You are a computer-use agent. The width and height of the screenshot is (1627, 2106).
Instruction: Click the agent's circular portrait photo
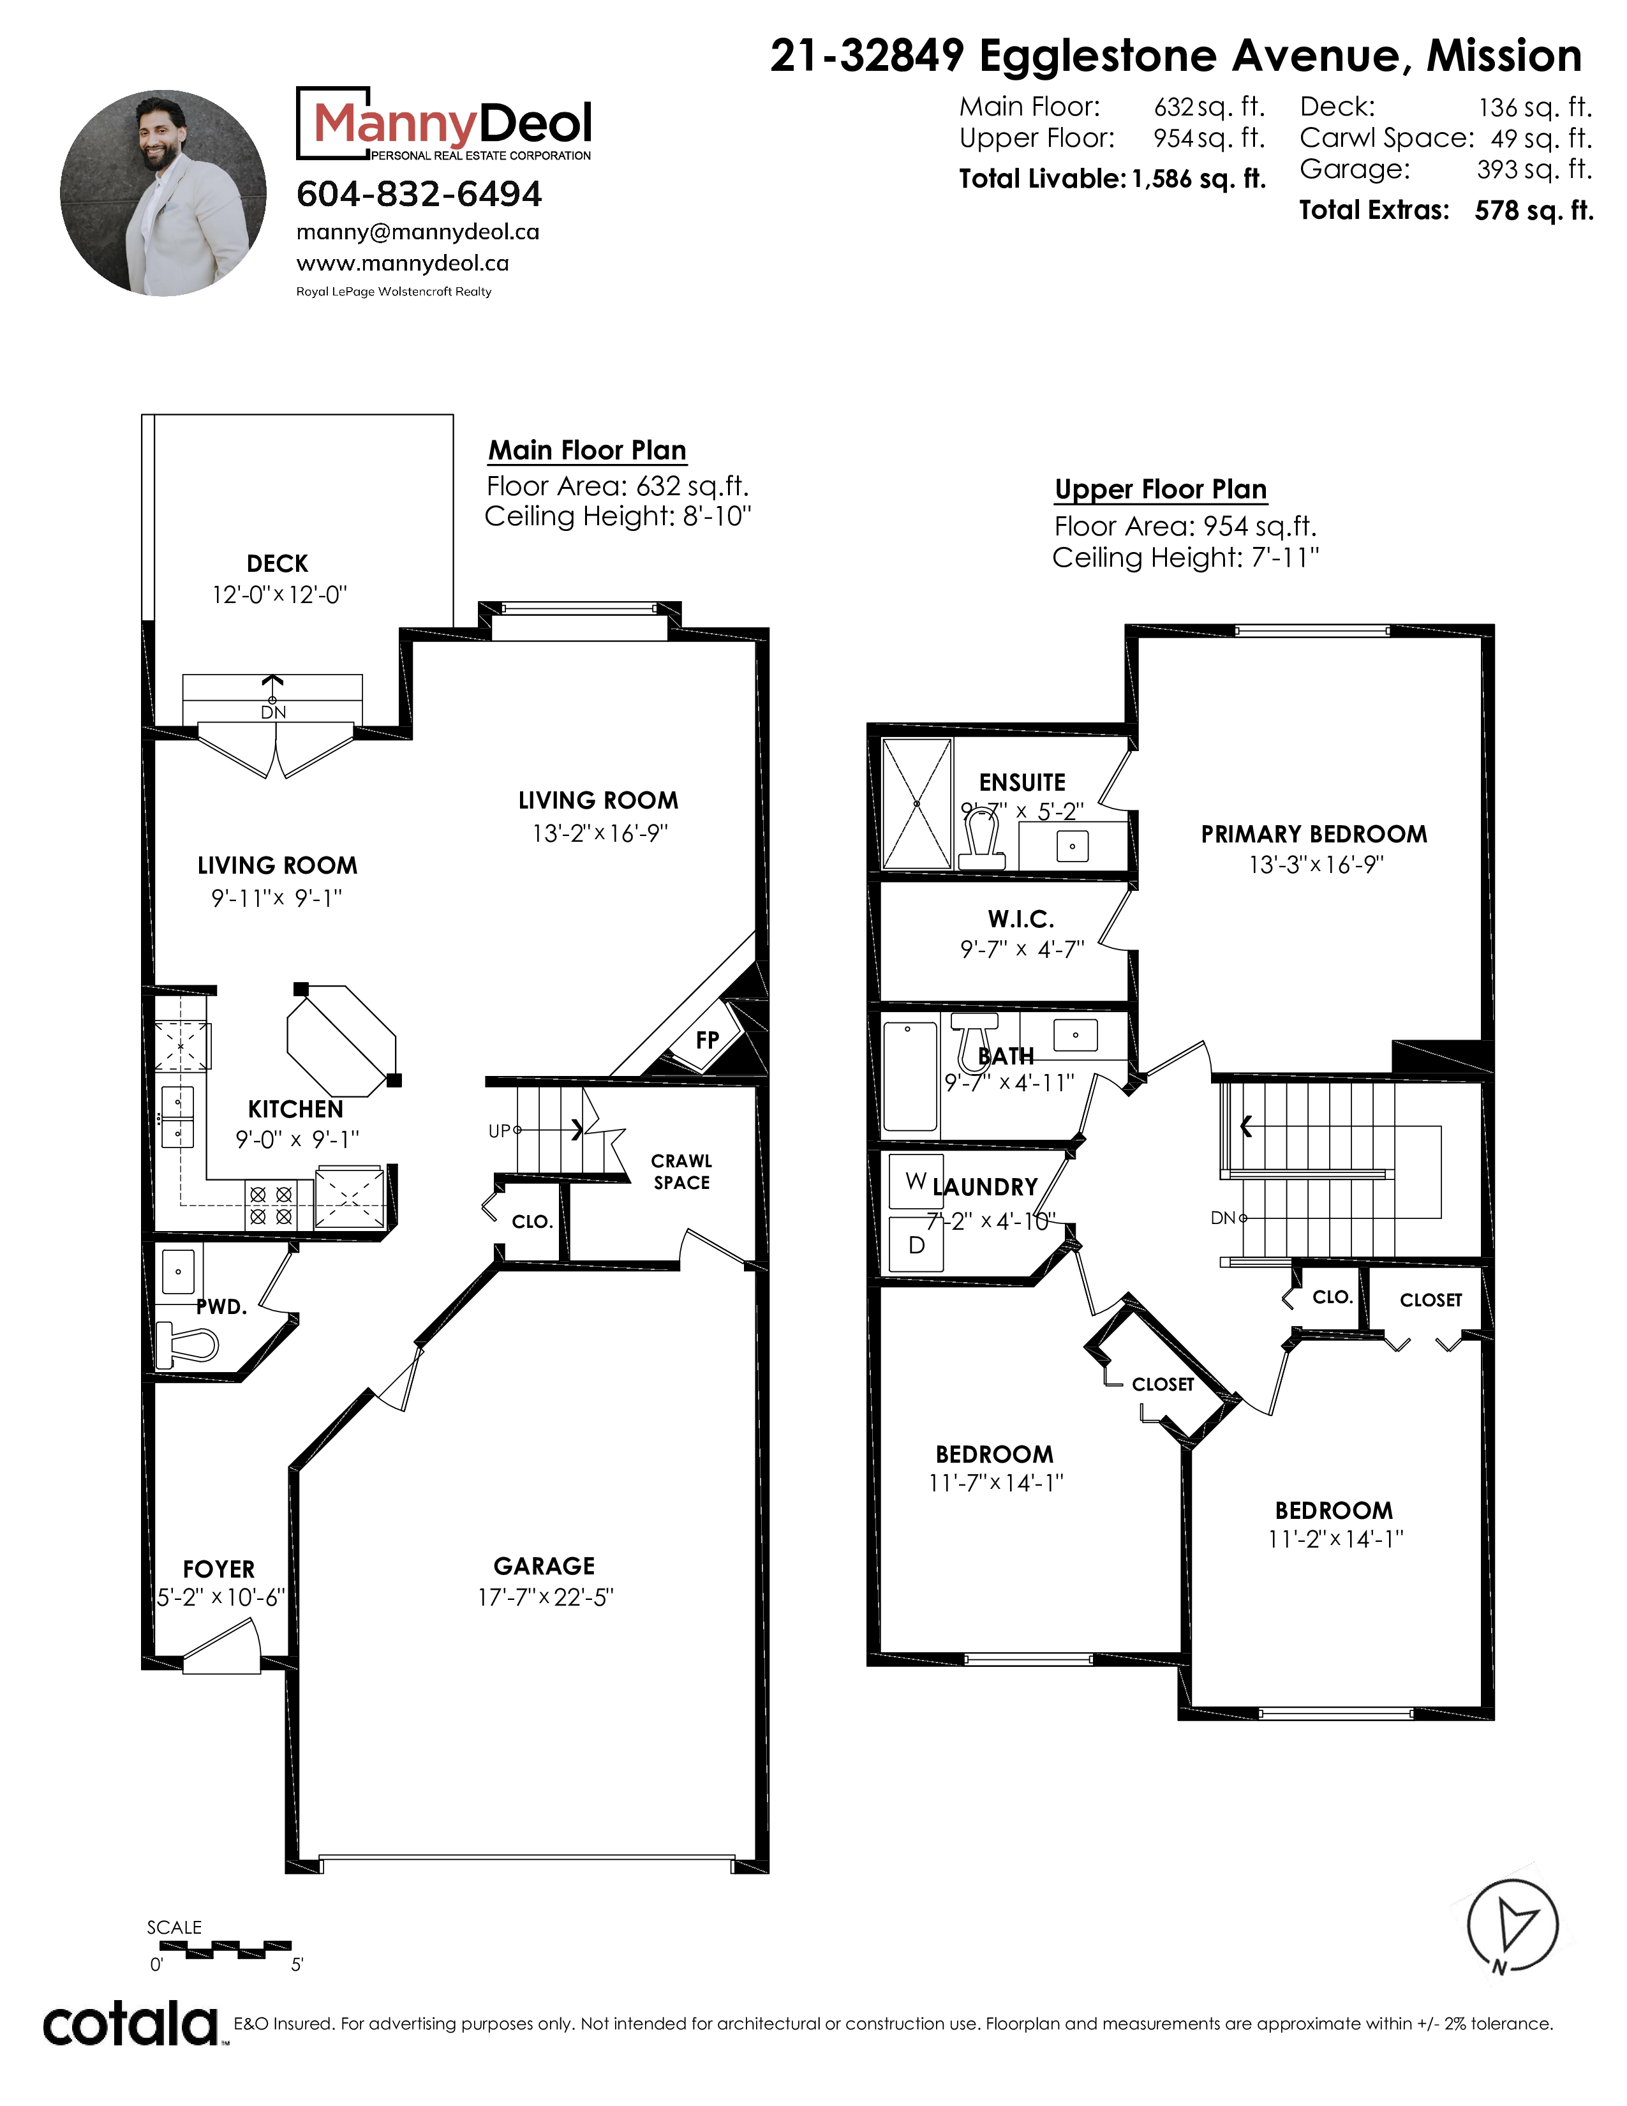[163, 193]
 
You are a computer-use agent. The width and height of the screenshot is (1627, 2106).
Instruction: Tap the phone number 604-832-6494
[419, 194]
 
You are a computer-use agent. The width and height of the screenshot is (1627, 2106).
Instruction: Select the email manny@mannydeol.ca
[417, 232]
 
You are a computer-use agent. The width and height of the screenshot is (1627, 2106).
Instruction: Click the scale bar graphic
[219, 1950]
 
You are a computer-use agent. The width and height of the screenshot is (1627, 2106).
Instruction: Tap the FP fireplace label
[708, 1040]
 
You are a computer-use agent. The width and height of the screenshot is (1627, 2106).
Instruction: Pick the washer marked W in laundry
[916, 1181]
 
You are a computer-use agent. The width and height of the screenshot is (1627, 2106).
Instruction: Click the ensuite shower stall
[917, 803]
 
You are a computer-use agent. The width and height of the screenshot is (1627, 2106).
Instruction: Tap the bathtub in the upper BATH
[910, 1076]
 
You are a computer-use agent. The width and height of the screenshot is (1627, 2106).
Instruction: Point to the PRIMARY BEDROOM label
[1314, 834]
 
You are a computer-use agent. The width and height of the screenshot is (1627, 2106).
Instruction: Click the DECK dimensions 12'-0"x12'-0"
[279, 595]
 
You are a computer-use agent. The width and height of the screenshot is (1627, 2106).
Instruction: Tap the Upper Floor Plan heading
[1161, 490]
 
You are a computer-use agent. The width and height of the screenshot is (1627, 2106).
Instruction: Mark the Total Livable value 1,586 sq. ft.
[1199, 179]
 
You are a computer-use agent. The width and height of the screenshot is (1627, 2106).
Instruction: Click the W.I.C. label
[1021, 919]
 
